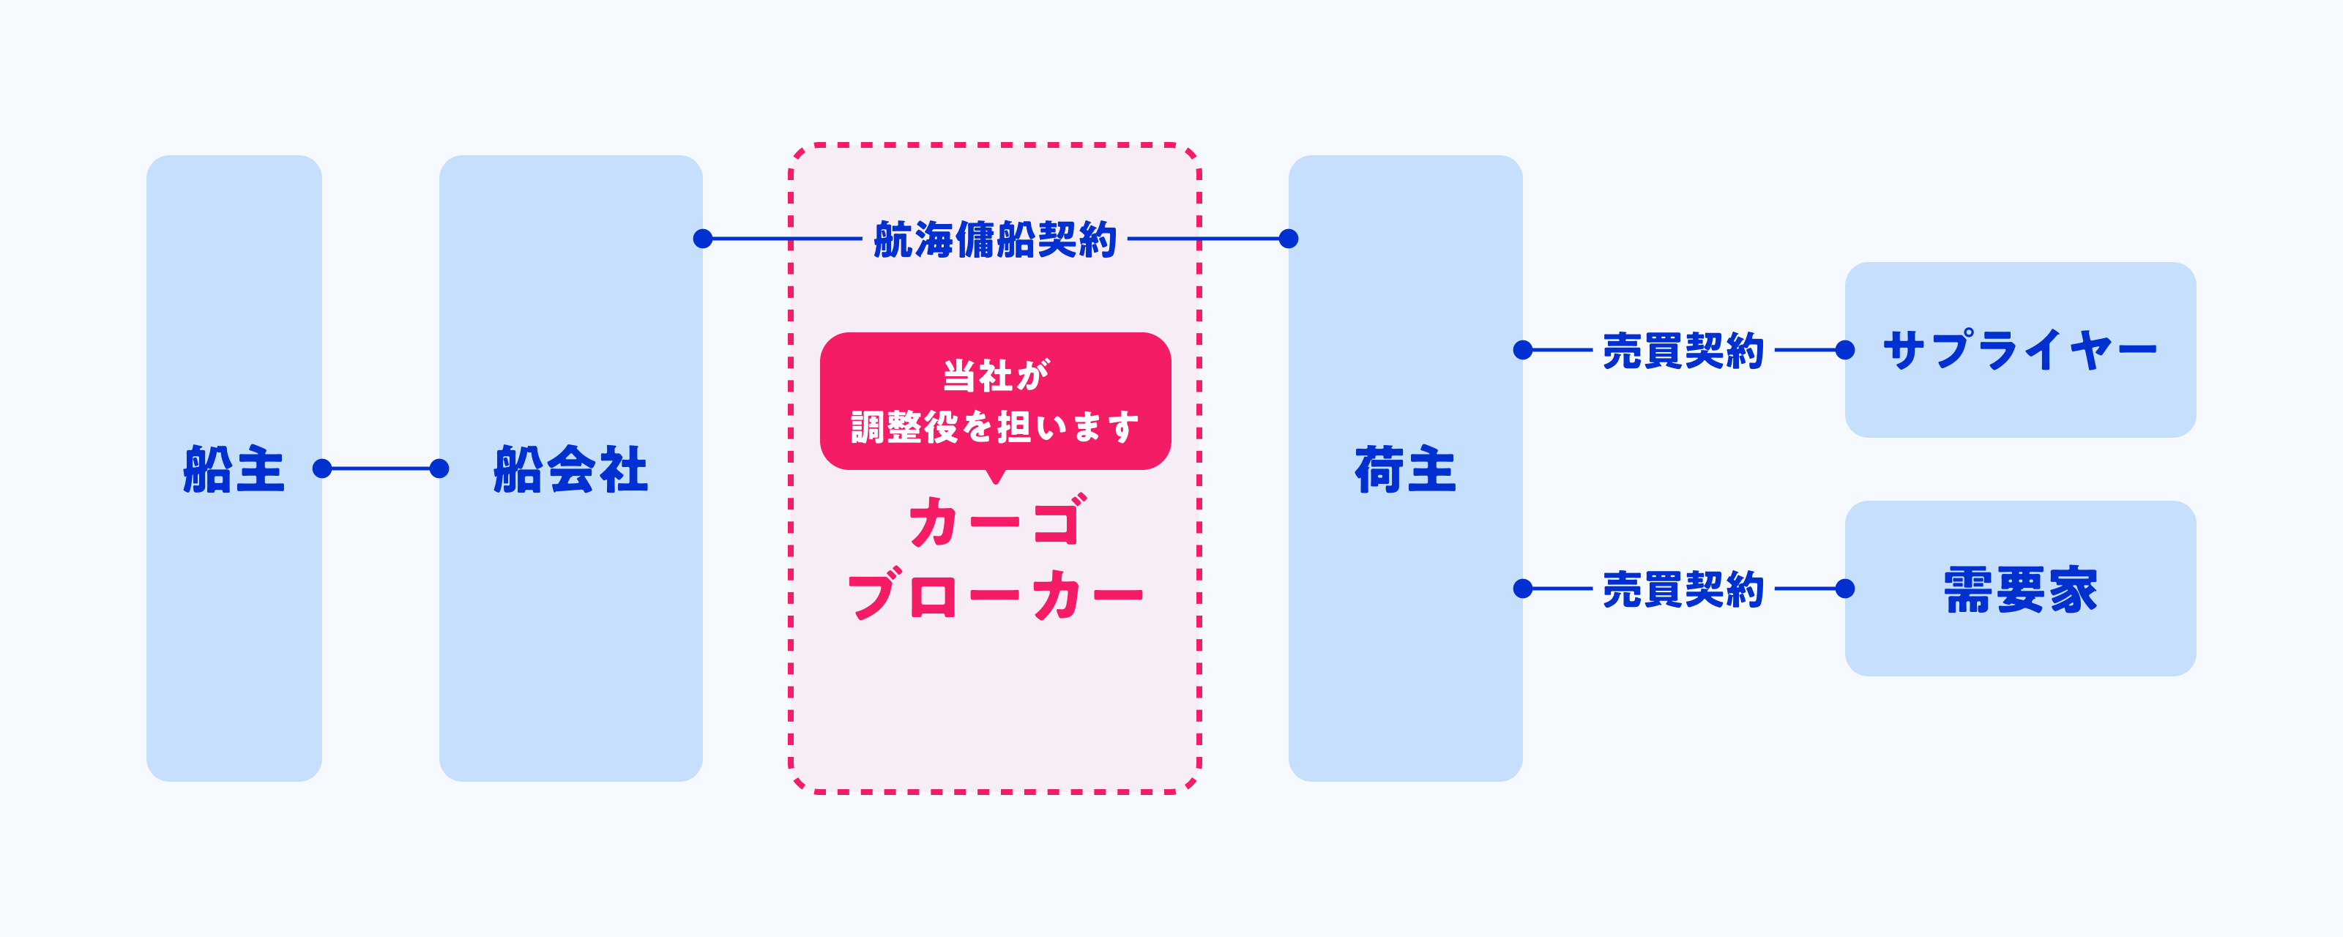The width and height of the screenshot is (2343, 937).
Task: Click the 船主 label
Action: pyautogui.click(x=234, y=469)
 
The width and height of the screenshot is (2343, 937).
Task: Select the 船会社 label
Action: pyautogui.click(x=570, y=469)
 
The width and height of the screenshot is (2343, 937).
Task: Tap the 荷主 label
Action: pyautogui.click(x=1405, y=469)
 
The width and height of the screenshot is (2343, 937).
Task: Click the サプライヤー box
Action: pyautogui.click(x=2020, y=349)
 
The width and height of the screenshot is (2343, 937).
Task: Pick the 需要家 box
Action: pyautogui.click(x=2020, y=589)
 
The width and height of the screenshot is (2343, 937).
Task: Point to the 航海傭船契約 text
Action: pyautogui.click(x=995, y=239)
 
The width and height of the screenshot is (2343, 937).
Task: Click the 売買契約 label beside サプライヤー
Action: pyautogui.click(x=1683, y=350)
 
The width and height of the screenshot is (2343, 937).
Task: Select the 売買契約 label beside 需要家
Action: pyautogui.click(x=1683, y=589)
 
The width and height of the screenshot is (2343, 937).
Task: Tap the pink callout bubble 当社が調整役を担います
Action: pyautogui.click(x=995, y=401)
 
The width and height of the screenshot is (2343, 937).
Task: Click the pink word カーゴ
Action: pyautogui.click(x=995, y=522)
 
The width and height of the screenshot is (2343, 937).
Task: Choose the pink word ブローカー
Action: pyautogui.click(x=995, y=596)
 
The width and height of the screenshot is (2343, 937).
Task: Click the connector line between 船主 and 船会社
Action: pyautogui.click(x=380, y=468)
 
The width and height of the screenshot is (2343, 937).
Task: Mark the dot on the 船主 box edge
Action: pyautogui.click(x=322, y=468)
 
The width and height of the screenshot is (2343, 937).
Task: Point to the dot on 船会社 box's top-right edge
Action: pyautogui.click(x=702, y=239)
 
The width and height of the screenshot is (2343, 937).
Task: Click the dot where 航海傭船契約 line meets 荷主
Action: pyautogui.click(x=1288, y=239)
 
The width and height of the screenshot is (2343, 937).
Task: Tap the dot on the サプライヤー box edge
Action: pyautogui.click(x=1844, y=350)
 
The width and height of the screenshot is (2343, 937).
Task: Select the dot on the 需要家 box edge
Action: pyautogui.click(x=1844, y=589)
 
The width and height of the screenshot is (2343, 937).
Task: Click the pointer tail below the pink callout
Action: pyautogui.click(x=996, y=477)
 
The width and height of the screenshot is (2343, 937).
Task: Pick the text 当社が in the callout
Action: pyautogui.click(x=995, y=375)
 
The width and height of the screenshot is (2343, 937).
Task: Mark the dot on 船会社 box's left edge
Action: pyautogui.click(x=439, y=468)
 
